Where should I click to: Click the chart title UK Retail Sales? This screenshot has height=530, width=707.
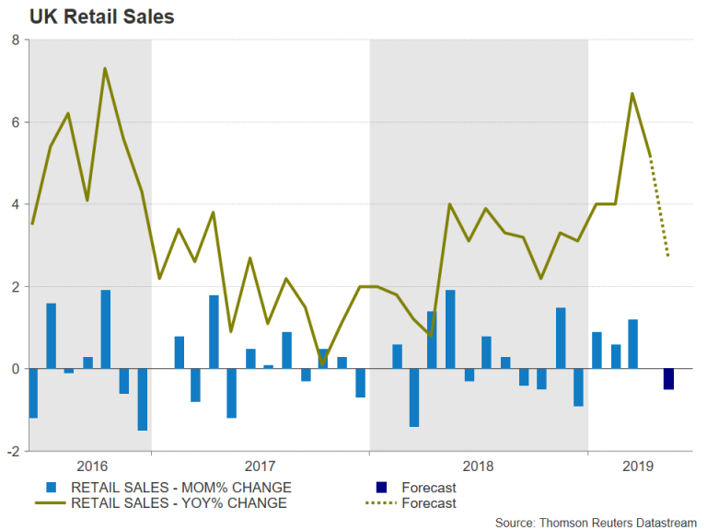89,17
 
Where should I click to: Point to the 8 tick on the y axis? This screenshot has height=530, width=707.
16,40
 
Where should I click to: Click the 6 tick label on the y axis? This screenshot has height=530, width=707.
16,122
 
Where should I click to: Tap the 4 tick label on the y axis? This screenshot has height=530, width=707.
16,204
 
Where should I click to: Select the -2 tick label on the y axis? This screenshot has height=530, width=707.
13,452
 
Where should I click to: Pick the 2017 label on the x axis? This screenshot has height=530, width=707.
261,467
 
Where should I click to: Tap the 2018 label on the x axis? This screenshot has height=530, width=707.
480,467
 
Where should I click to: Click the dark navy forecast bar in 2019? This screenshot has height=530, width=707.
668,379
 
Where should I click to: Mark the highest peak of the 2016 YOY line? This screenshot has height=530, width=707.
106,68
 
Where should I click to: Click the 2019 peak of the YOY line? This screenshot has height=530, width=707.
632,93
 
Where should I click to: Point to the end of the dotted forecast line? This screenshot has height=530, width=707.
668,257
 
